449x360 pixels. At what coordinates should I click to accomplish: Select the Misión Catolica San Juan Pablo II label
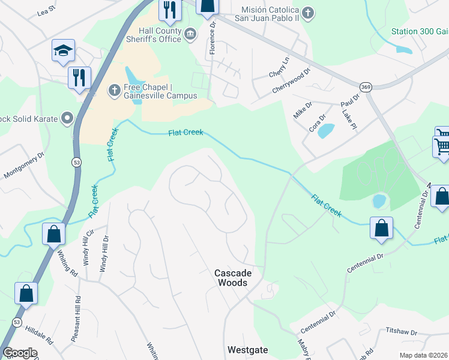click(x=270, y=13)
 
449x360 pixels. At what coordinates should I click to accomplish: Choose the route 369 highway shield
click(x=365, y=87)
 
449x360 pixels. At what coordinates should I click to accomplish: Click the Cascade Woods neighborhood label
click(x=234, y=277)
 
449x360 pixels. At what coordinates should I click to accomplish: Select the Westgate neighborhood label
click(x=247, y=349)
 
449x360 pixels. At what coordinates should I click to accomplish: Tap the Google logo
click(x=20, y=353)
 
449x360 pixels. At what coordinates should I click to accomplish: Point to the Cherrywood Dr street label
click(x=291, y=80)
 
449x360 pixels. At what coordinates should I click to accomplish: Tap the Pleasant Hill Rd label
click(x=76, y=318)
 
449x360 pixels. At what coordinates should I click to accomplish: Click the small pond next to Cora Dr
click(x=326, y=130)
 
